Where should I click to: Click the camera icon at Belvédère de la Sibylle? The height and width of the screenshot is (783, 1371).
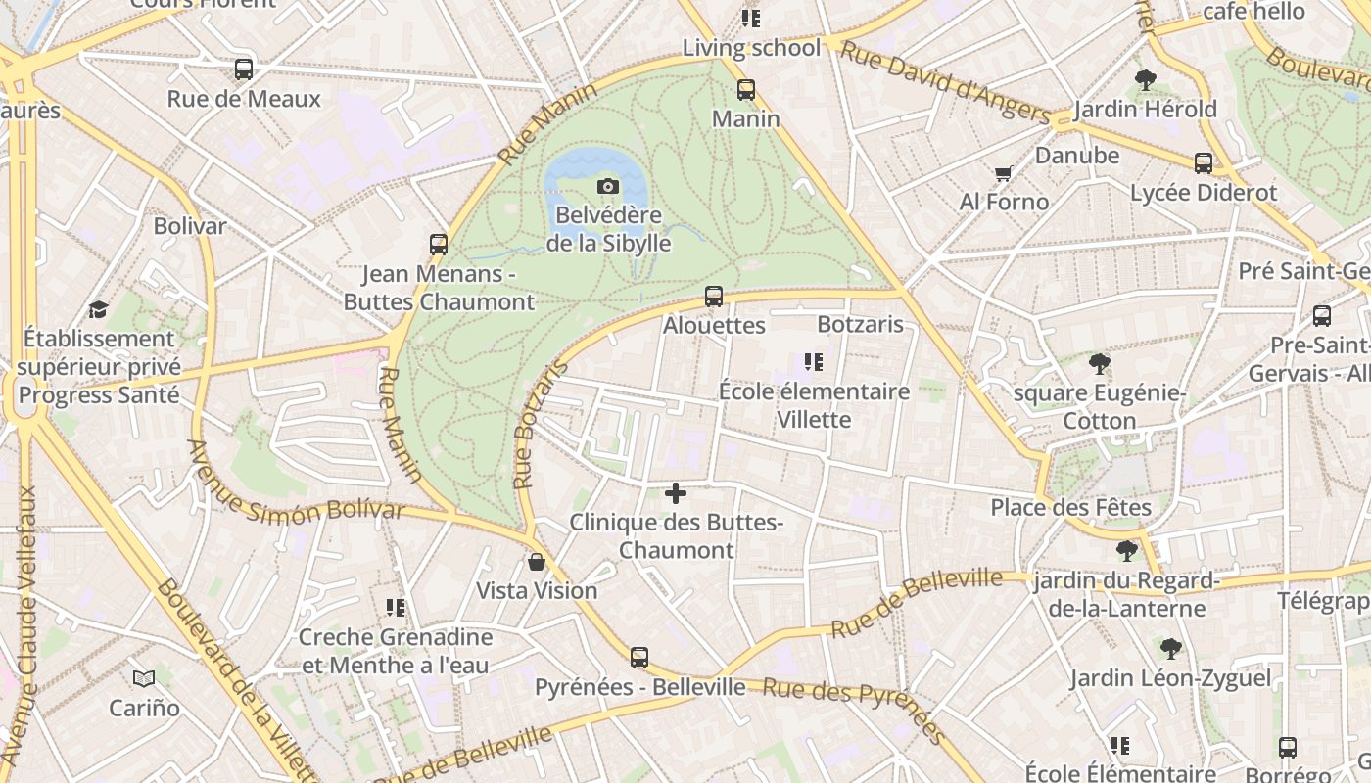coord(608,186)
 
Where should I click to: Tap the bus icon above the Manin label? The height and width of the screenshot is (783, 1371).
coord(746,90)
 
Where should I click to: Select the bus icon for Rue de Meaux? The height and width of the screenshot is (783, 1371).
coord(244,69)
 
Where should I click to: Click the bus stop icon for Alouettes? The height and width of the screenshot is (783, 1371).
coord(714,296)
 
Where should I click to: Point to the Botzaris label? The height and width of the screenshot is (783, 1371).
coord(860,324)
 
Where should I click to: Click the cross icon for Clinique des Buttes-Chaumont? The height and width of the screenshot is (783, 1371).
coord(676,493)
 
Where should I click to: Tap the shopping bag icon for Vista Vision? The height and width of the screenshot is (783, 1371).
coord(537,562)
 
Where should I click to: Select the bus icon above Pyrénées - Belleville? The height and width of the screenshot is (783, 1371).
coord(639,658)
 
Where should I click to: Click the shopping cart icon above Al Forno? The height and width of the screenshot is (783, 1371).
coord(1003,174)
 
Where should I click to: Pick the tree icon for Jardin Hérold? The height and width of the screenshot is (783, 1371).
coord(1145,80)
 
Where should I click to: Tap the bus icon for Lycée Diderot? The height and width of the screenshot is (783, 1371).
coord(1204,163)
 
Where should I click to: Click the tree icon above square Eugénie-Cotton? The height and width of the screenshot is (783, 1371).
coord(1100,364)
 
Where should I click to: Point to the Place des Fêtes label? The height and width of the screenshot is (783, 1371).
coord(1070,508)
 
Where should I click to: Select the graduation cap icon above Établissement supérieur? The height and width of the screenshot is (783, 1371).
coord(98,310)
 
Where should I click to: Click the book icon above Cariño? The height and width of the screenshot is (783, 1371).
coord(144,678)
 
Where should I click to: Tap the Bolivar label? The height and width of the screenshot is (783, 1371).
coord(190,226)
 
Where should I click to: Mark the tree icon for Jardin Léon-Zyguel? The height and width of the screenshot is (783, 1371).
coord(1170,649)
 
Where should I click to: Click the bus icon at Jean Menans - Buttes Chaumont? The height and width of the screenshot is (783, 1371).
coord(439,245)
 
